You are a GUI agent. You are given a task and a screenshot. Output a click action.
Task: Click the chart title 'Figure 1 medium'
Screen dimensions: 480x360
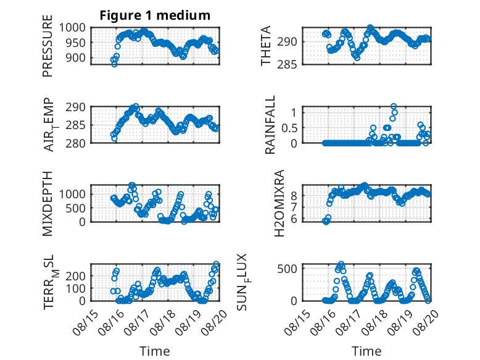point(155,15)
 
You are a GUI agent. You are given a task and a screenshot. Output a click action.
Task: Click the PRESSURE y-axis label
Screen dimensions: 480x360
point(48,46)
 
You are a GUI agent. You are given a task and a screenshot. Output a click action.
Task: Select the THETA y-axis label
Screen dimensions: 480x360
point(266,46)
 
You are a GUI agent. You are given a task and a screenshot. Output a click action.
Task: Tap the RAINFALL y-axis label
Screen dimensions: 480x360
point(270,125)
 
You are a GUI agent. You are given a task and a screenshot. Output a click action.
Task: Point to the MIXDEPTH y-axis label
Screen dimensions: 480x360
point(48,203)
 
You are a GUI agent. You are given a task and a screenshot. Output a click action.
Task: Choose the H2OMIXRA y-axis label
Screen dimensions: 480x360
point(279,203)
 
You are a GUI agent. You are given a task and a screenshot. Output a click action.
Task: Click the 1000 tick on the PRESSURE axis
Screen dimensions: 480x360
point(72,28)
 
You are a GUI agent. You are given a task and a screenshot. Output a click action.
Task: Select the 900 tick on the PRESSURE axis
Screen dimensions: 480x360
point(76,57)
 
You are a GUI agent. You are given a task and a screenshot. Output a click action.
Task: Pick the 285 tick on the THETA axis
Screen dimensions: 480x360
point(287,65)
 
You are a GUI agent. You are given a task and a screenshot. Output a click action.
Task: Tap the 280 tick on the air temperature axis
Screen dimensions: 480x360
point(76,143)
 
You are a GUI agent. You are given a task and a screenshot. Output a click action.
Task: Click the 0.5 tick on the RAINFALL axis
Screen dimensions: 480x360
point(289,128)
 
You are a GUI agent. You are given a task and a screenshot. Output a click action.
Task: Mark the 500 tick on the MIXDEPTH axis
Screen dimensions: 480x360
point(76,208)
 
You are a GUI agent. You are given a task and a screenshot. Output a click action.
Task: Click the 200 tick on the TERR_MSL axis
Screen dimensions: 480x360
point(76,276)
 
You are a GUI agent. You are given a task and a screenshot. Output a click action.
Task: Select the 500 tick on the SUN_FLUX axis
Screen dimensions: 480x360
point(287,269)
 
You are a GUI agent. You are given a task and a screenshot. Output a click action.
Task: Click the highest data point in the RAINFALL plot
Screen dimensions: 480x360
point(394,107)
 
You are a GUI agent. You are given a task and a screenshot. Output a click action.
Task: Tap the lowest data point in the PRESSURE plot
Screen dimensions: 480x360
point(115,64)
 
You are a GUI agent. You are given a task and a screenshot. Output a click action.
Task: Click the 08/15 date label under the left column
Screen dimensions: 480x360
point(86,322)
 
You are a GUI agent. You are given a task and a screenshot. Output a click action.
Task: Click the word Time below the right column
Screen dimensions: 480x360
point(366,351)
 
